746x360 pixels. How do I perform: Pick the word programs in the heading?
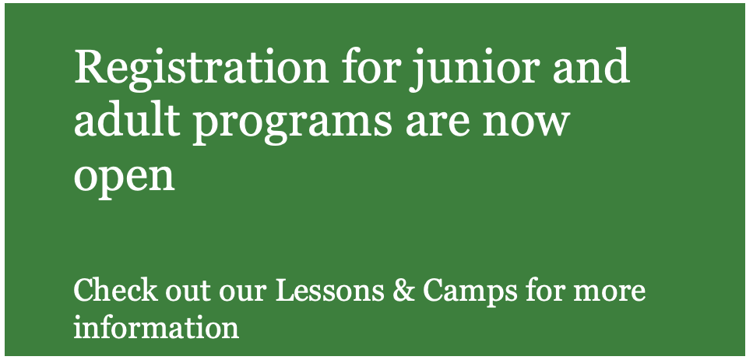(x=292, y=123)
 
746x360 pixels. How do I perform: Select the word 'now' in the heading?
(x=526, y=123)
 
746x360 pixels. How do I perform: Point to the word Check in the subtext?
(x=115, y=291)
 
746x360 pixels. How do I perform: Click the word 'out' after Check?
(x=188, y=292)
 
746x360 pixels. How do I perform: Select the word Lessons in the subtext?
(x=329, y=291)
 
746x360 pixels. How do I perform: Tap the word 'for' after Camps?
(x=545, y=290)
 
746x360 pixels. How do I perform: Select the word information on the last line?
(x=157, y=326)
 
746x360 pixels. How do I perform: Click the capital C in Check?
(x=86, y=291)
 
